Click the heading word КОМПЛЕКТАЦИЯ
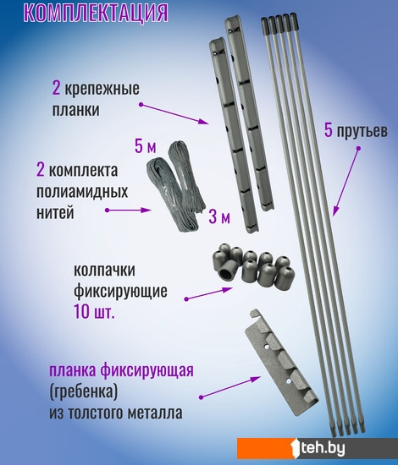point(96,13)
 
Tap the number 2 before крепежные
point(56,89)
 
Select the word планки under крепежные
point(76,110)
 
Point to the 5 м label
point(146,146)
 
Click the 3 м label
point(219,216)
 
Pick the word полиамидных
point(82,192)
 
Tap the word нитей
point(55,213)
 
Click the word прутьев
point(362,131)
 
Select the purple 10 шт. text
point(94,312)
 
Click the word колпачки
point(104,271)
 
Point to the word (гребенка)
point(84,392)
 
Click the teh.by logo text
point(323,448)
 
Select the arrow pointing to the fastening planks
point(174,114)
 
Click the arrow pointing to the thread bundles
point(129,210)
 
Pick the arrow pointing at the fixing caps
point(208,293)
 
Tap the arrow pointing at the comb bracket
point(230,386)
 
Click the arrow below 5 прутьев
point(345,181)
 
